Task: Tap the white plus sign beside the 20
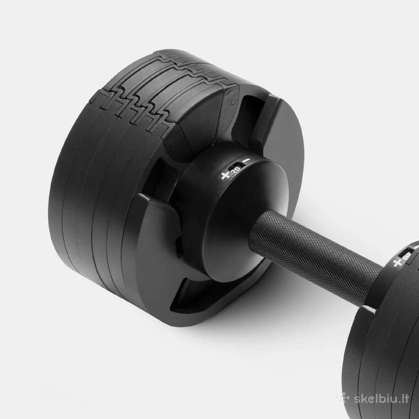tap(225, 176)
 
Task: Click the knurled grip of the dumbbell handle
tap(315, 257)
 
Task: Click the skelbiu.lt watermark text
tap(381, 399)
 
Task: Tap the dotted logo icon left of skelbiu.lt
tap(342, 398)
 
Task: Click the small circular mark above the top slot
tap(234, 102)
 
